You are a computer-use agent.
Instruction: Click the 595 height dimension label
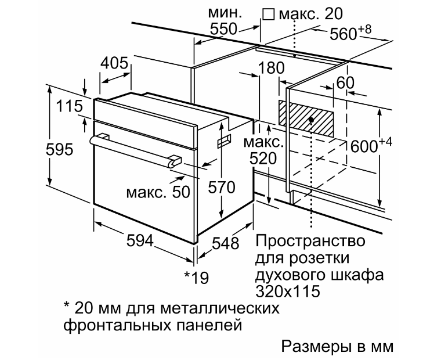[60, 149]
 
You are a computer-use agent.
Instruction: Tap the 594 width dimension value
[140, 240]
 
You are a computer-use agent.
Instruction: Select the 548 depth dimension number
[226, 243]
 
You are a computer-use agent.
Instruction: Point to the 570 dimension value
[222, 188]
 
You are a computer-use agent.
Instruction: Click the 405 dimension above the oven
[114, 63]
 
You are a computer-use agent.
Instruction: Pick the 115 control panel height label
[69, 106]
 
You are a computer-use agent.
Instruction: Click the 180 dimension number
[272, 68]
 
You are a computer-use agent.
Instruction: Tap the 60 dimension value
[345, 82]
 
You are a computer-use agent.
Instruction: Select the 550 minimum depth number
[223, 28]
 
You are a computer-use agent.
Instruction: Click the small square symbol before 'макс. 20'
[269, 15]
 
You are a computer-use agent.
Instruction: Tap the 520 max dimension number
[263, 159]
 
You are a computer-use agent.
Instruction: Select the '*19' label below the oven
[197, 277]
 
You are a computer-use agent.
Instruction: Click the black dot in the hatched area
[311, 120]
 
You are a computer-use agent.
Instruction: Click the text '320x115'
[288, 291]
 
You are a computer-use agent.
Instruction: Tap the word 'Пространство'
[310, 242]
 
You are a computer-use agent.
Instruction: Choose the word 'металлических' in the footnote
[220, 308]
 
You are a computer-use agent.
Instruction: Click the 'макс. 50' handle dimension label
[158, 192]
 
